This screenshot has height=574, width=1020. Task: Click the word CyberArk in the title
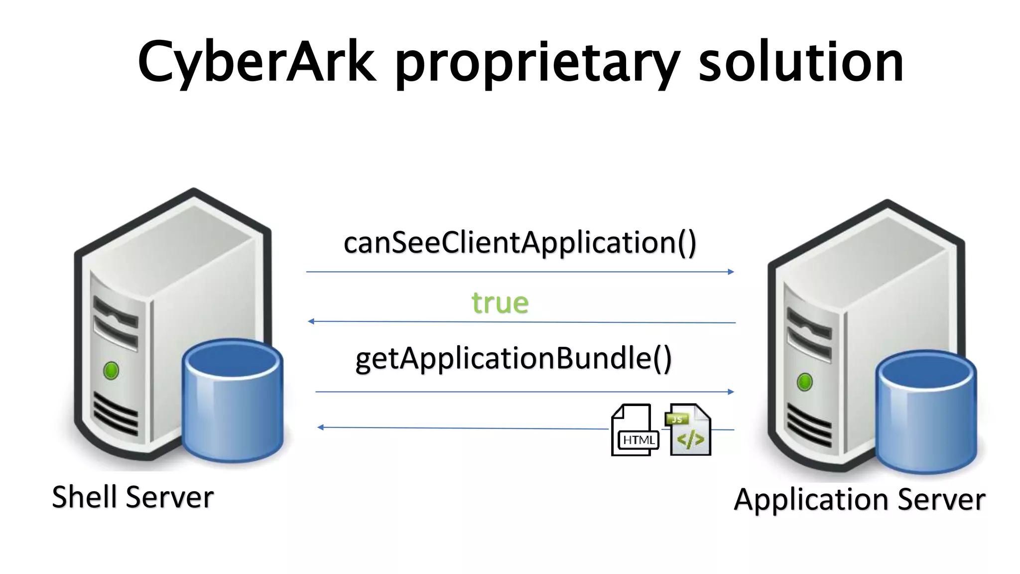point(256,62)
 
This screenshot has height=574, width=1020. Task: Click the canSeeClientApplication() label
point(520,243)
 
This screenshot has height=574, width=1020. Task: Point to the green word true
point(500,302)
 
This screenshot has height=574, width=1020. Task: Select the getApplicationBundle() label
point(513,359)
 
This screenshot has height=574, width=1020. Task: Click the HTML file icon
point(634,430)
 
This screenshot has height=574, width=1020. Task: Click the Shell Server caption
point(133,497)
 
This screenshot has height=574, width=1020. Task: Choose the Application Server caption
point(859,499)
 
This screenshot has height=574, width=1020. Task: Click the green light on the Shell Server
point(111,371)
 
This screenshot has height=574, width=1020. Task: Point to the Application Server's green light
point(805,382)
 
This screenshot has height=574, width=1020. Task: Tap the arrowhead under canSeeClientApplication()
point(731,272)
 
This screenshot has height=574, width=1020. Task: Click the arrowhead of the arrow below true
point(311,321)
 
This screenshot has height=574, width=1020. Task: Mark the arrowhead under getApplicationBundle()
point(731,392)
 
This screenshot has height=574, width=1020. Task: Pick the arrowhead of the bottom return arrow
point(321,427)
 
